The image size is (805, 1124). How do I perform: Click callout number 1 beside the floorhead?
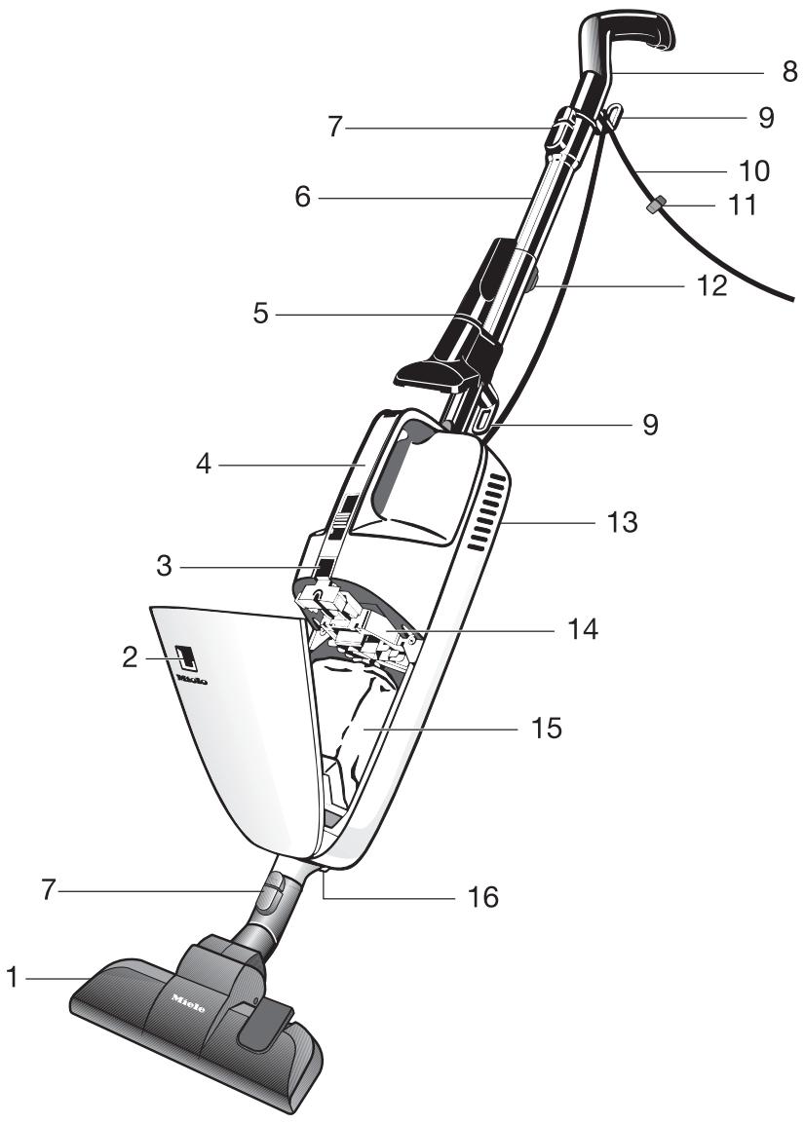pyautogui.click(x=13, y=977)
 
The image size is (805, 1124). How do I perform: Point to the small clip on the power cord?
pyautogui.click(x=657, y=206)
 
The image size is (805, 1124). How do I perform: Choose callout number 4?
pyautogui.click(x=202, y=466)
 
